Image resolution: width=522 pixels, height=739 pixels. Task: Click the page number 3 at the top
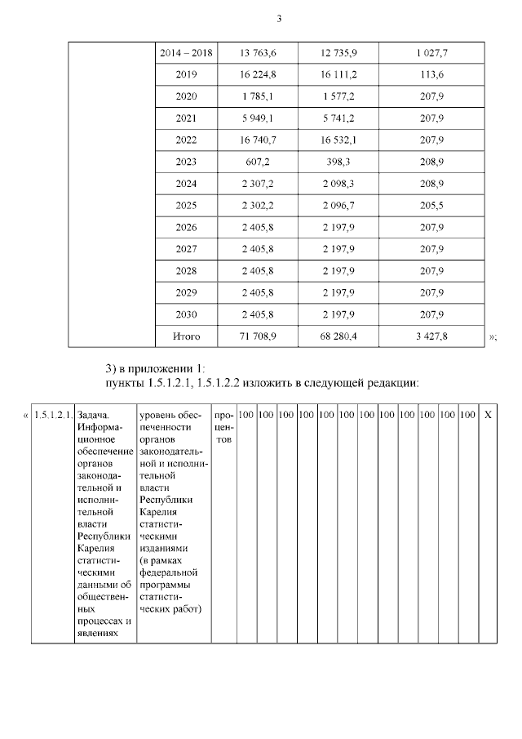click(x=279, y=18)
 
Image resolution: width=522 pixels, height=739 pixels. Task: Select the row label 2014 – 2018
click(x=186, y=53)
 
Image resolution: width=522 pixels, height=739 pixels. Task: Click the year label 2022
click(x=186, y=140)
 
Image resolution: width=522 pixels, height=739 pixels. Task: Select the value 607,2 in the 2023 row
click(x=259, y=162)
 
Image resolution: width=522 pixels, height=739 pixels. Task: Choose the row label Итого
click(x=186, y=336)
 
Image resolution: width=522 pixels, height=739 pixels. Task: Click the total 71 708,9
click(x=259, y=336)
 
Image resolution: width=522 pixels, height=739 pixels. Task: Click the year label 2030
click(x=186, y=314)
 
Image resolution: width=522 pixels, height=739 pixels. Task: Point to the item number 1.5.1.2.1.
click(x=54, y=415)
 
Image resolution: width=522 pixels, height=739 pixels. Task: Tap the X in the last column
click(x=488, y=415)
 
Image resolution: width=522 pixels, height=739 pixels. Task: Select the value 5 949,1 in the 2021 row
click(x=259, y=118)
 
